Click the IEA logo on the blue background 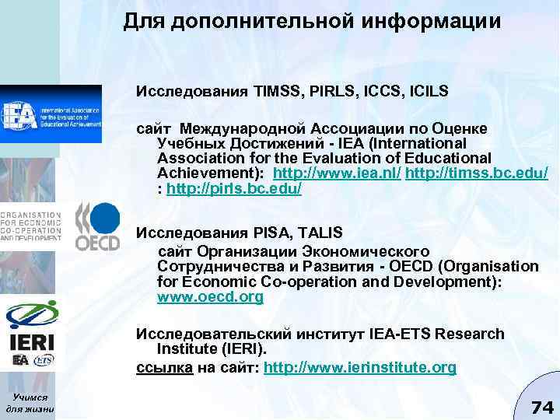[x=51, y=114]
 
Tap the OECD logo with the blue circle [x=97, y=226]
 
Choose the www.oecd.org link [x=210, y=296]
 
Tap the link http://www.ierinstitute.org [x=360, y=367]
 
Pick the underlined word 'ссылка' [x=164, y=367]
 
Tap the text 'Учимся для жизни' [x=29, y=401]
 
